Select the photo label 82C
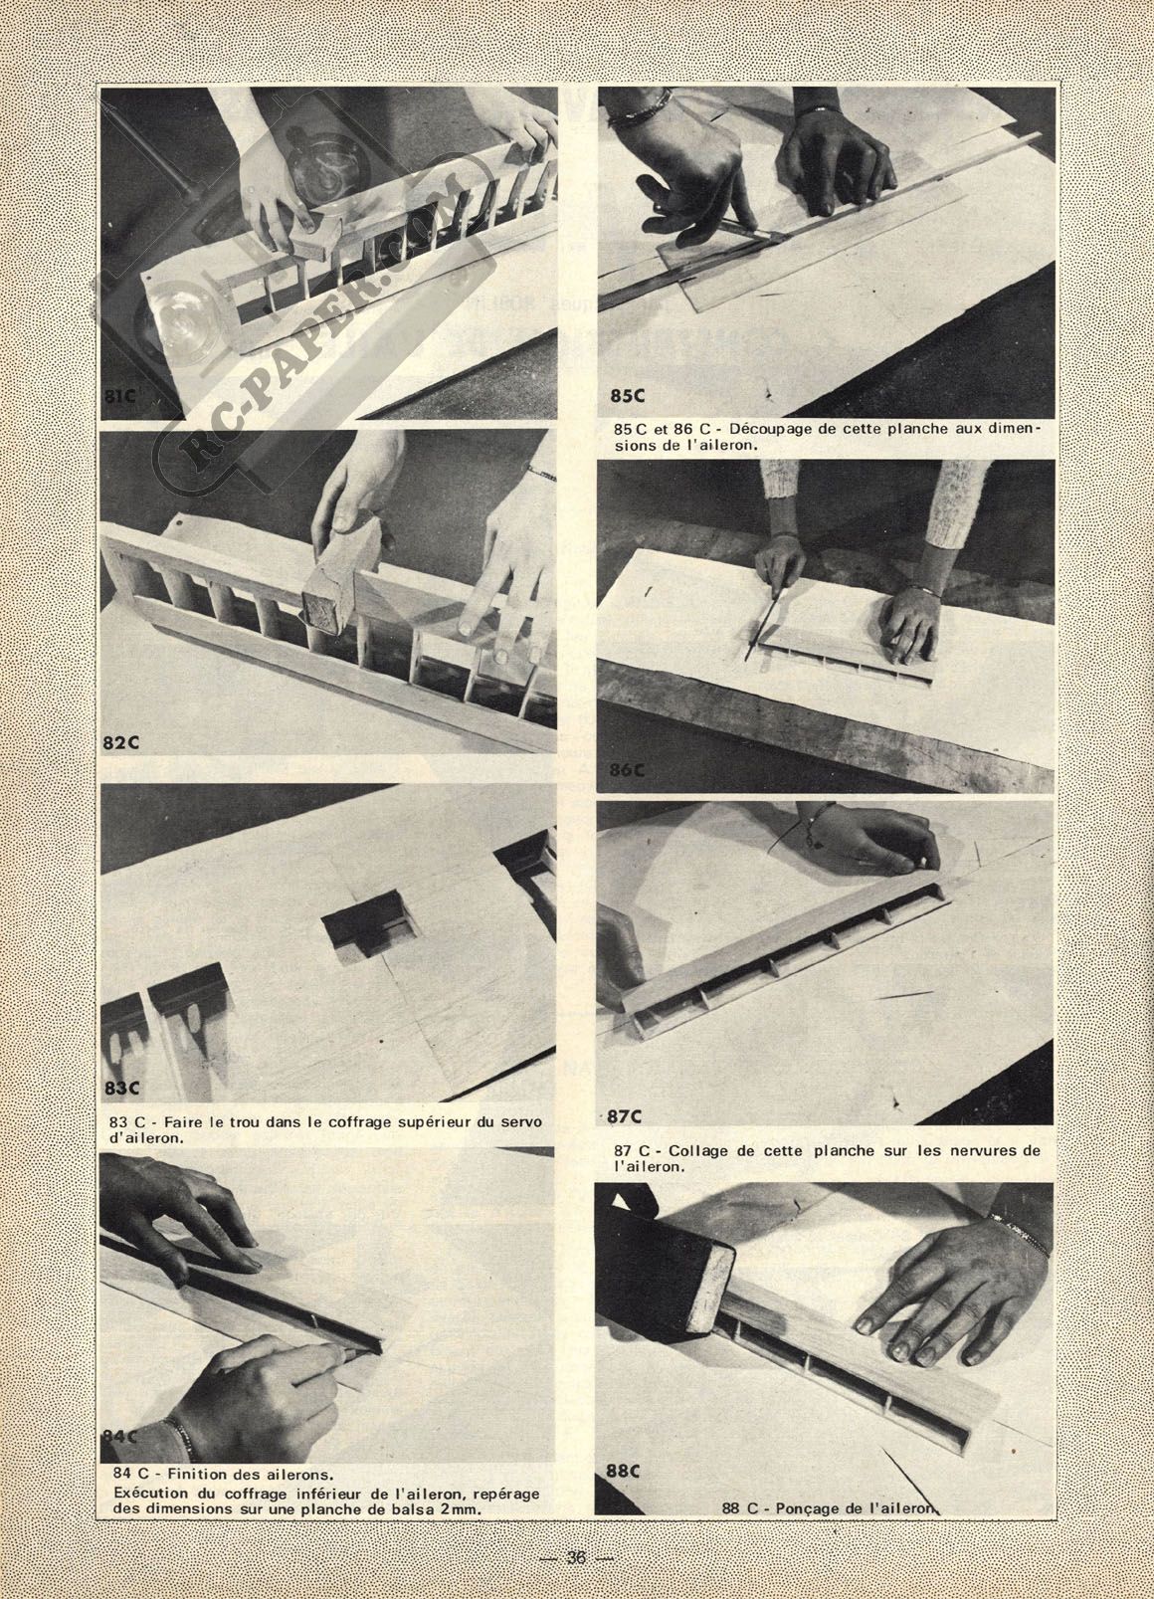[x=121, y=743]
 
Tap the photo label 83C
[x=121, y=1089]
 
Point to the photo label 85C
[x=626, y=395]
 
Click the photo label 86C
[x=628, y=770]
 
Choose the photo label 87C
[x=625, y=1116]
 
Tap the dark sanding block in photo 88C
[x=663, y=1272]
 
